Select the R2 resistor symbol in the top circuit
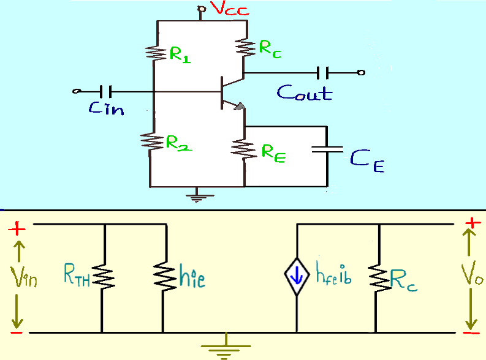150,140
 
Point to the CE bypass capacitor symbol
326,148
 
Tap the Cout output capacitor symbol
324,73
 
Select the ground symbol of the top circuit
197,196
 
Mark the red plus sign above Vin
17,230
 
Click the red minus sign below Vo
471,332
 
